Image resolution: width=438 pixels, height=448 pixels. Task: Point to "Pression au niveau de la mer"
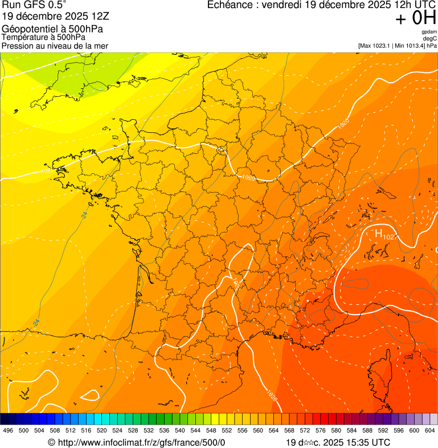[55, 46]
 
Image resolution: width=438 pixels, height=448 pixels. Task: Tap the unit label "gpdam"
[429, 32]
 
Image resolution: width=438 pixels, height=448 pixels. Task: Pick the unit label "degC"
[430, 39]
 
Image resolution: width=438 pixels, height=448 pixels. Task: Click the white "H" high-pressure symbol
[378, 233]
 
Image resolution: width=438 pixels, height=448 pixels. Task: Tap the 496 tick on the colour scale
[8, 431]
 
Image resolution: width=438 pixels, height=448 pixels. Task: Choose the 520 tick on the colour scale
[102, 431]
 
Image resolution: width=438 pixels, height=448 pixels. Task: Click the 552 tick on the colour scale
[227, 431]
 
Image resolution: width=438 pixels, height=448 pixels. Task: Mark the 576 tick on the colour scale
[321, 431]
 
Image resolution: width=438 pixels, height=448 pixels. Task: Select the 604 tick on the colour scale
[430, 431]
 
